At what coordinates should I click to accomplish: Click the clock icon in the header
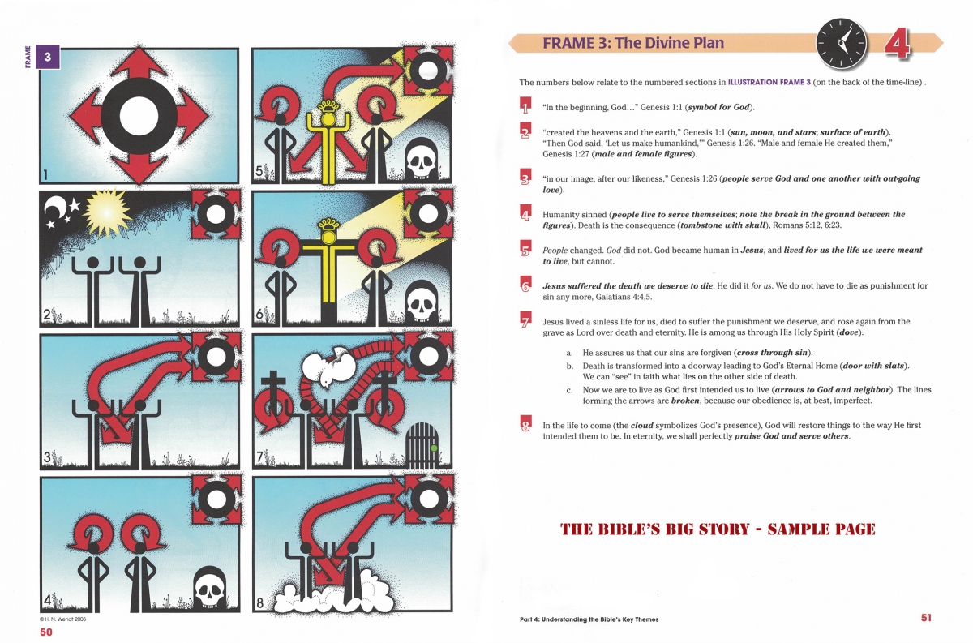(842, 44)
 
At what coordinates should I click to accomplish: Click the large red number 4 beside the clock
(897, 44)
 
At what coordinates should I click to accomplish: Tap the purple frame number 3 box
(48, 57)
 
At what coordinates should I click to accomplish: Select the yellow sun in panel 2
(107, 212)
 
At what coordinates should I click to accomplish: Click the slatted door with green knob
(422, 445)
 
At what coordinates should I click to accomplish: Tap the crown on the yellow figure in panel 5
(328, 105)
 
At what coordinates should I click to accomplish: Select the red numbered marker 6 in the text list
(525, 284)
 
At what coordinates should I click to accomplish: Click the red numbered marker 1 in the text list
(525, 105)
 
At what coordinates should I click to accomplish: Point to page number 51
(926, 617)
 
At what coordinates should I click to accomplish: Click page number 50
(46, 632)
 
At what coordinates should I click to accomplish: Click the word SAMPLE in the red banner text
(793, 529)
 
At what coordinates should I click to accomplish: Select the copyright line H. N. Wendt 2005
(63, 619)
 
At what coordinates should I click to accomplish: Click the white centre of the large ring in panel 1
(139, 116)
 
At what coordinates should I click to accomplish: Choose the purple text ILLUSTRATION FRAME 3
(769, 82)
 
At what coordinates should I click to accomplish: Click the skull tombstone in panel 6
(422, 301)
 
